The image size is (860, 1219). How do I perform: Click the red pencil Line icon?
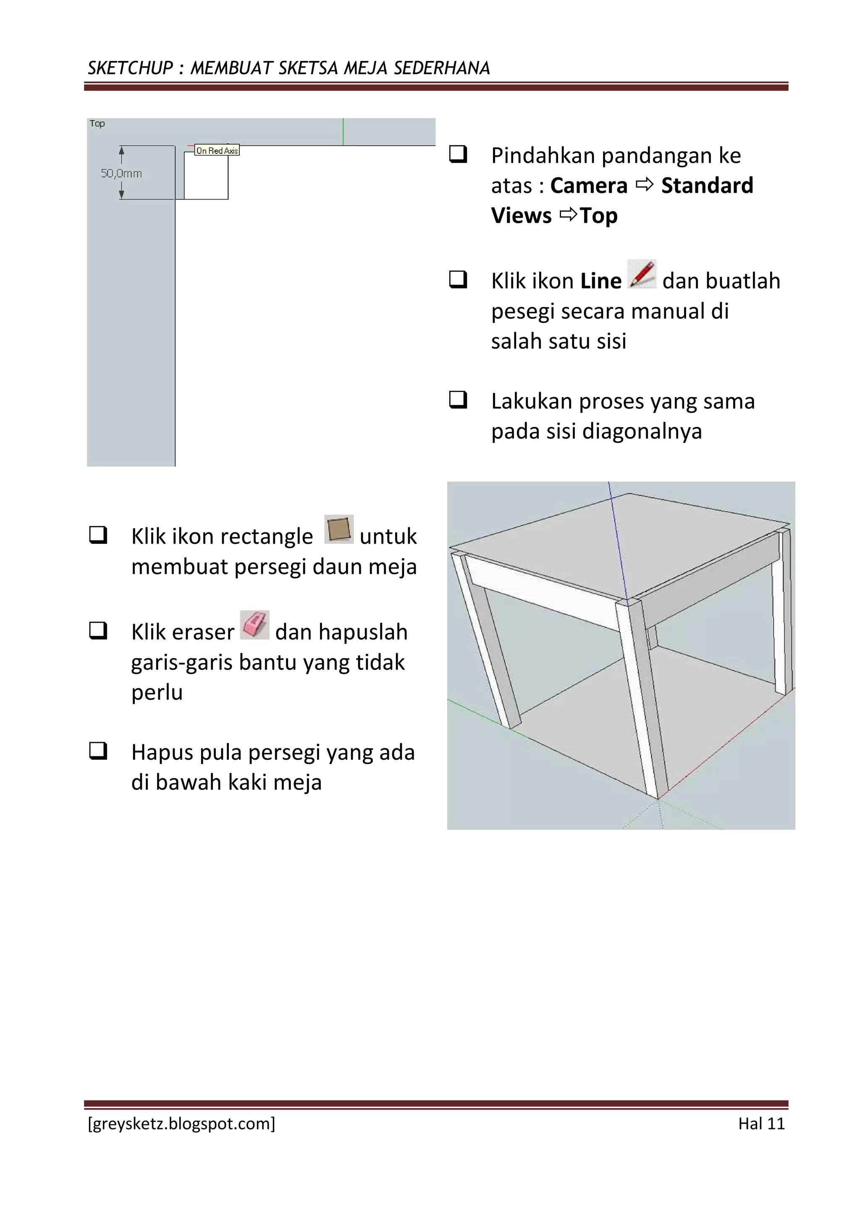tap(641, 274)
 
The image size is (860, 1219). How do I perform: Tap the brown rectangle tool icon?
tap(338, 529)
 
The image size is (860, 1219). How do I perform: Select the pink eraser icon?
tap(254, 625)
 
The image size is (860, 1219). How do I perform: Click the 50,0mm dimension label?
tap(121, 174)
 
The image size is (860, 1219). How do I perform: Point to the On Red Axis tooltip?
tap(217, 151)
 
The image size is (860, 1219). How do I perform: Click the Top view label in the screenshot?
tap(97, 124)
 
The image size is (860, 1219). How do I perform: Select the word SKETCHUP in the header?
tap(130, 68)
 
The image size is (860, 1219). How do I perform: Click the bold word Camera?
tap(588, 186)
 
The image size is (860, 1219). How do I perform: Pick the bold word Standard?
tap(707, 186)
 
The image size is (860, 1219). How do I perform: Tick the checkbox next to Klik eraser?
tap(98, 630)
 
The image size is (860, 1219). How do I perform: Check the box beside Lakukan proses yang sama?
tap(458, 399)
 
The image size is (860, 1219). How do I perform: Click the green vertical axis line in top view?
tap(343, 132)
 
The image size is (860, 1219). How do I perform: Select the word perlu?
tap(157, 693)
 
